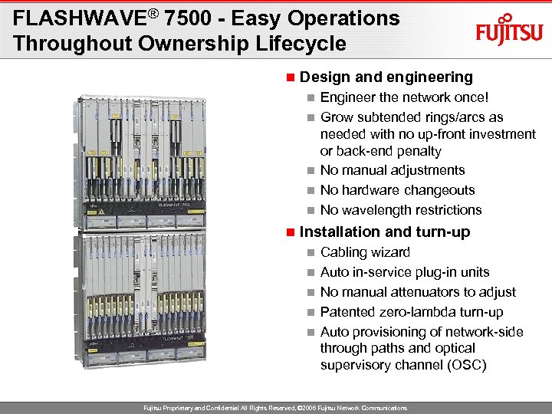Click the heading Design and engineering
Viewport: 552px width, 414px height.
click(x=386, y=77)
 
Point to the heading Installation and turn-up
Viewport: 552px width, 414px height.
click(x=385, y=232)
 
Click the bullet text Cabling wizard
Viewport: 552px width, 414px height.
click(x=365, y=252)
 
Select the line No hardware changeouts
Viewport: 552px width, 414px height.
click(x=397, y=190)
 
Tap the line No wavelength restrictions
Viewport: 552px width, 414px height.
click(x=401, y=210)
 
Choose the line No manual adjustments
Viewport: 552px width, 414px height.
click(x=393, y=170)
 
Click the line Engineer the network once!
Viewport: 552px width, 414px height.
click(x=404, y=97)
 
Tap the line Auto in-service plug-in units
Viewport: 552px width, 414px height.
click(x=405, y=272)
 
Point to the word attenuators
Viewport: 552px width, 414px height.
click(x=436, y=292)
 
